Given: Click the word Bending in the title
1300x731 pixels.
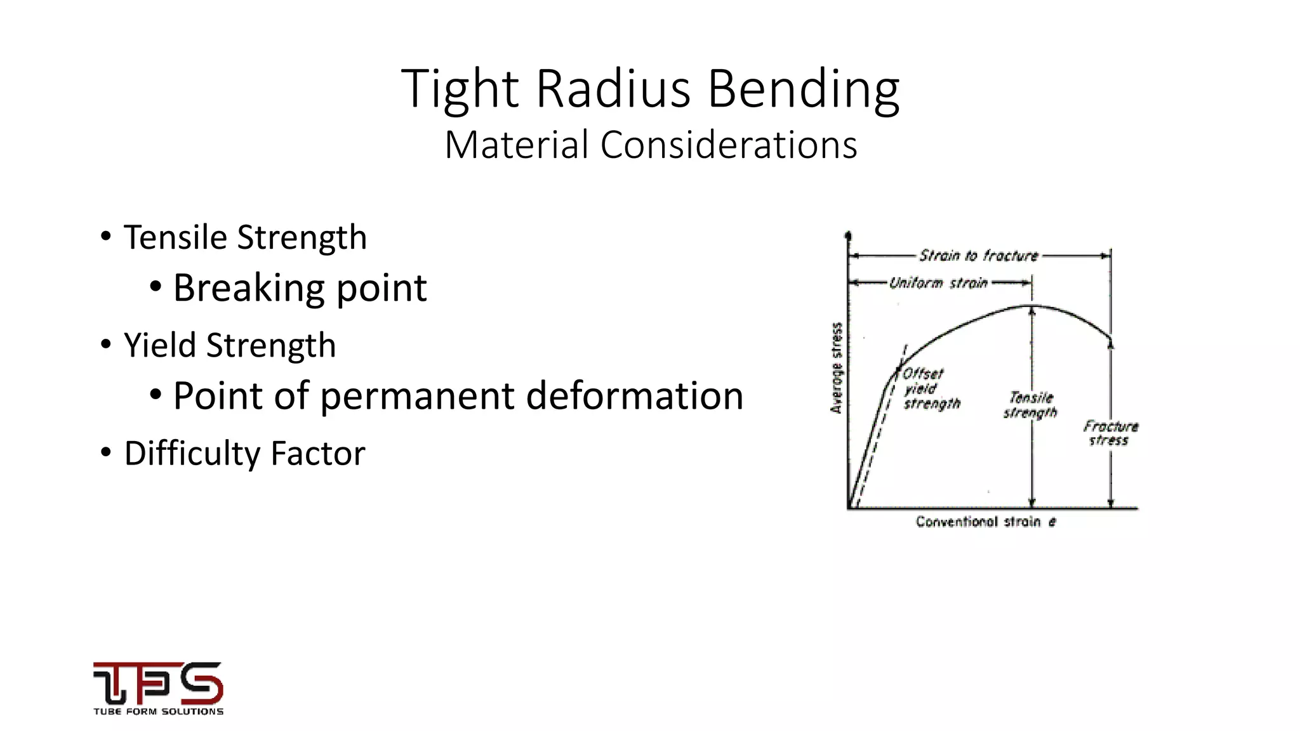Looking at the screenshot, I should pos(803,89).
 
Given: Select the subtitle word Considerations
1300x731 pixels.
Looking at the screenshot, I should pos(729,145).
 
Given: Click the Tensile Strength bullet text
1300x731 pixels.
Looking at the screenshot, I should pos(245,237).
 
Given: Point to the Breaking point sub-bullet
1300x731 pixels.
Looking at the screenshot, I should pos(300,287).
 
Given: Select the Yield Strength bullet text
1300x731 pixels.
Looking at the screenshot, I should pos(230,345).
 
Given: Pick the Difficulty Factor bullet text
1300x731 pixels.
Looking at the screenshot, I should pos(244,453).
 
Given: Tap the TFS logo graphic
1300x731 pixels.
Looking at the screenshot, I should pos(158,683).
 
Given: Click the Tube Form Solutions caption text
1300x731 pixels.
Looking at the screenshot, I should pos(158,712).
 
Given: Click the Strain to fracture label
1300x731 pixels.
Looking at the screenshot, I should pos(978,256).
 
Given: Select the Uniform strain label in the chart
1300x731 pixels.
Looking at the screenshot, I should pos(938,283).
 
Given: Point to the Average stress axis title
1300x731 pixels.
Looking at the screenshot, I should pos(837,368).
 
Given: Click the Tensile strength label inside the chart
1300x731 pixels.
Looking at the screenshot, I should pos(1030,405).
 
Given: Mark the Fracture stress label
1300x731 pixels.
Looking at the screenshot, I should pos(1110,433).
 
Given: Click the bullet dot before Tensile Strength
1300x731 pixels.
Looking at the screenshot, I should pos(106,237).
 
